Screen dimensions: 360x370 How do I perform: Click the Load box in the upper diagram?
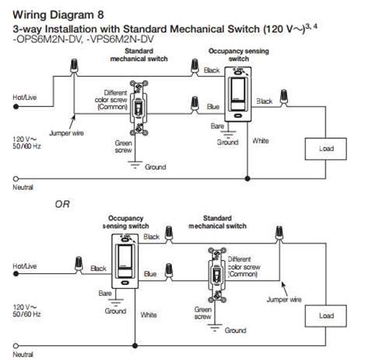click(x=327, y=148)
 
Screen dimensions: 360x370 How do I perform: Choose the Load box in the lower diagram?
click(x=327, y=316)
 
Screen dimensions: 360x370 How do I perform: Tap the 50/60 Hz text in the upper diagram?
click(x=27, y=145)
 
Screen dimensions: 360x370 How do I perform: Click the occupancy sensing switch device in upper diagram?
click(x=234, y=92)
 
